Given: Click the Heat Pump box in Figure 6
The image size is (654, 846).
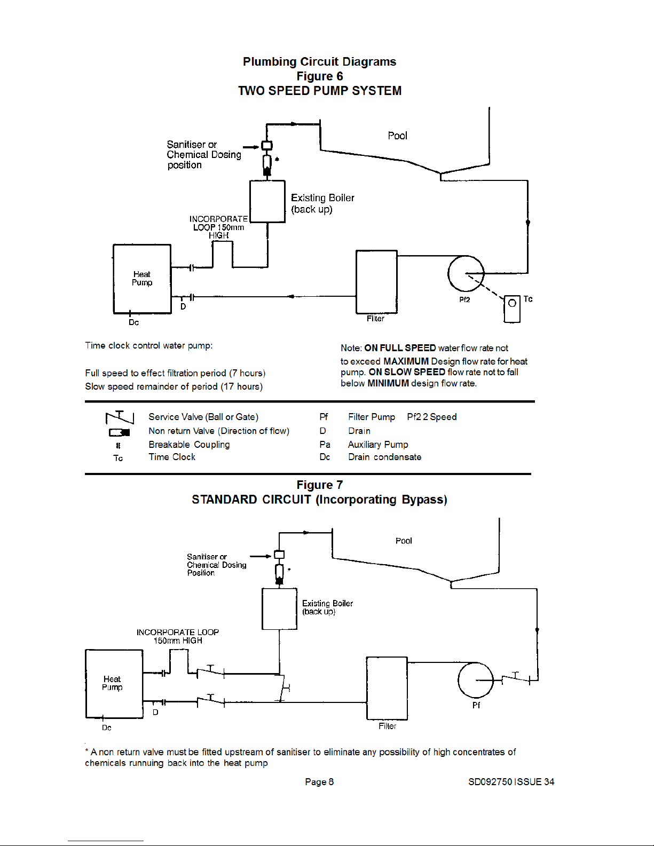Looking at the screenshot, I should click(x=142, y=279).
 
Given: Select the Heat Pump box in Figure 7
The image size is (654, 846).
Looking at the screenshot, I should click(x=114, y=684).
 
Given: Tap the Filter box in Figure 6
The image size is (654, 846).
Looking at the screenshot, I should click(x=376, y=281).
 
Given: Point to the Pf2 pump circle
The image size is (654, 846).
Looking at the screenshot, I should click(x=466, y=273).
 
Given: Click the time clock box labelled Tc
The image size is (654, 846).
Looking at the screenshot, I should click(x=512, y=309).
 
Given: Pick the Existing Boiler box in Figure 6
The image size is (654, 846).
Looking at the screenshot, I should click(x=267, y=201).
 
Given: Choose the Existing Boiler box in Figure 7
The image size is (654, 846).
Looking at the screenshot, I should click(x=279, y=609).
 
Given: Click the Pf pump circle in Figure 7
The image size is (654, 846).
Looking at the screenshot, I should click(x=476, y=680).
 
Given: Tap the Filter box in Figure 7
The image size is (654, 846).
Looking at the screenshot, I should click(x=387, y=688).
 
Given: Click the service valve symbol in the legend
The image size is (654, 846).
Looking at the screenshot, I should click(x=120, y=417).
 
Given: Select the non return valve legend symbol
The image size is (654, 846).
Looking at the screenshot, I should click(x=119, y=432).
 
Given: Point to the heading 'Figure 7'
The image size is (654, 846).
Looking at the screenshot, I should click(x=319, y=485).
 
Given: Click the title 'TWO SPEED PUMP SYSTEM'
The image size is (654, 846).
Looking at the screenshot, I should click(x=319, y=91).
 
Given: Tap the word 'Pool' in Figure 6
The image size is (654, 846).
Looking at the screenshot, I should click(x=397, y=136).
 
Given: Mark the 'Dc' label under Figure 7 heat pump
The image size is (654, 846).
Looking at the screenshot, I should click(x=107, y=728).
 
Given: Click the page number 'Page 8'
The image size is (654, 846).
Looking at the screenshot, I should click(x=319, y=782).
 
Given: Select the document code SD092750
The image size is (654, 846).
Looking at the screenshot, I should click(x=490, y=782).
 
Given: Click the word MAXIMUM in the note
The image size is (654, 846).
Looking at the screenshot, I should click(x=406, y=361).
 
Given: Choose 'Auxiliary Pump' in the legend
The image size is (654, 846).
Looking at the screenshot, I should click(x=378, y=445).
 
